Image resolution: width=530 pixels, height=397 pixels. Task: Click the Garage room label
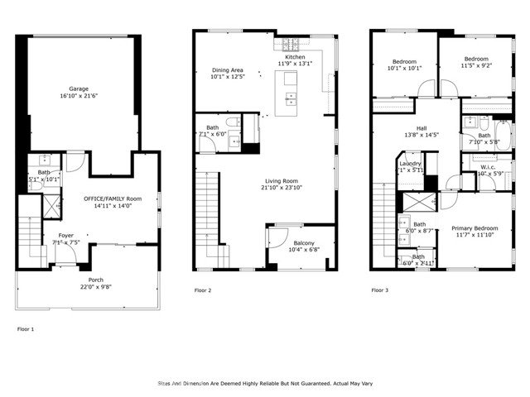click(x=78, y=88)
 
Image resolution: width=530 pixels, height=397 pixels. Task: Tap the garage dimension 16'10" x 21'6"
click(x=78, y=96)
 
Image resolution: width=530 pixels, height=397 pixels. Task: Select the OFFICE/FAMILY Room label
click(x=113, y=198)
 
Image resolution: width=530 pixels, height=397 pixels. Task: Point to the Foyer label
click(x=65, y=236)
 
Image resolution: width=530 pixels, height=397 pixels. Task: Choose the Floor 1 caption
click(x=26, y=328)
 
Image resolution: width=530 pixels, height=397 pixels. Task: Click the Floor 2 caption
click(x=203, y=290)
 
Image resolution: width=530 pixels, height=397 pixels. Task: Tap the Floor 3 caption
click(x=378, y=290)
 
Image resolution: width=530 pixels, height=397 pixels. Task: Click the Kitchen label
click(x=296, y=57)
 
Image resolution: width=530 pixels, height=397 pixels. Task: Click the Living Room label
click(x=282, y=180)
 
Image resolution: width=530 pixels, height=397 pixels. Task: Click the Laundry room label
click(x=411, y=163)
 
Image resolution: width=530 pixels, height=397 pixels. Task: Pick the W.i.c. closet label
click(x=484, y=166)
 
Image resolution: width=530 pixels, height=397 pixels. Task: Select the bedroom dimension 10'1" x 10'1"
click(x=404, y=68)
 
